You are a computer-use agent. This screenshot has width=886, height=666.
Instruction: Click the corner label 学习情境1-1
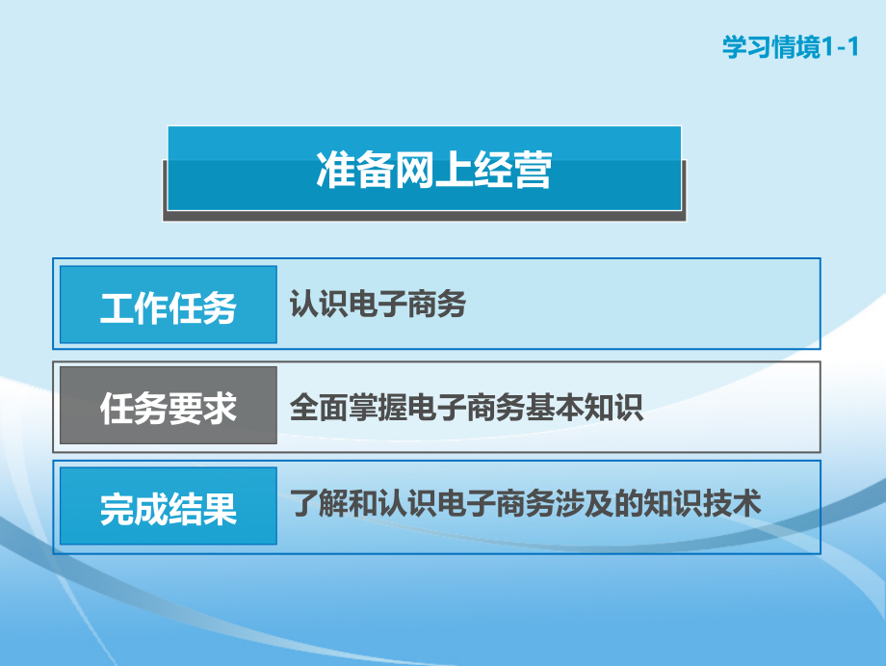point(789,47)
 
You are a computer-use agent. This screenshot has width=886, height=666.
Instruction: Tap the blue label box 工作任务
point(169,306)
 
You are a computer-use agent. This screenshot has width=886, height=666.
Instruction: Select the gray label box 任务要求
point(169,408)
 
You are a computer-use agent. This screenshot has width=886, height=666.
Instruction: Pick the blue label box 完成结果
point(169,508)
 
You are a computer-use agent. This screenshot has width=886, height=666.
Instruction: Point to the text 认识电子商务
point(378,306)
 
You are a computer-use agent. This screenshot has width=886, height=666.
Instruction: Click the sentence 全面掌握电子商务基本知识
point(467,408)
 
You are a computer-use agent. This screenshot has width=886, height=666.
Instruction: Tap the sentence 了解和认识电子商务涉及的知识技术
point(526,504)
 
